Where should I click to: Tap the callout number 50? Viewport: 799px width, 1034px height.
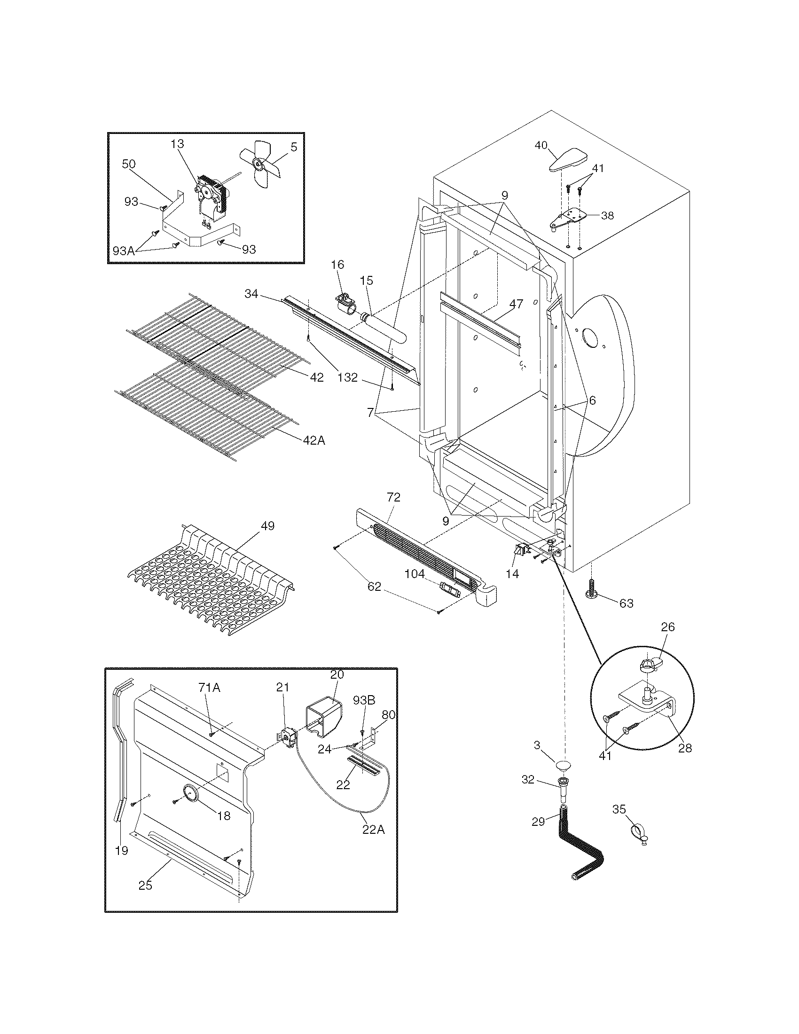[129, 164]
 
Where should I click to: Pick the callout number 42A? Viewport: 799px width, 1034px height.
[314, 440]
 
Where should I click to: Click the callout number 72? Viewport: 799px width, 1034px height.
[393, 497]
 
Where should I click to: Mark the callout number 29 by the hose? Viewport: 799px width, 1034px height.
[538, 822]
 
